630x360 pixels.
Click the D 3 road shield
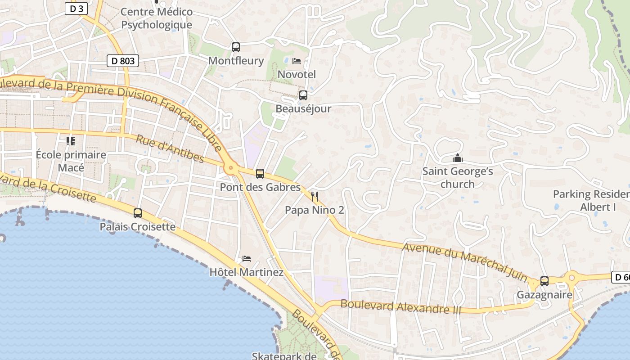[x=76, y=9]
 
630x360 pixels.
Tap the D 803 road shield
[x=122, y=61]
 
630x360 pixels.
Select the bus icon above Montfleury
[x=235, y=47]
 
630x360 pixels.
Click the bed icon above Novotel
[x=297, y=61]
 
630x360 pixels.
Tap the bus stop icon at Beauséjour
[x=303, y=95]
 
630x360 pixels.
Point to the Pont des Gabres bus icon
[x=260, y=174]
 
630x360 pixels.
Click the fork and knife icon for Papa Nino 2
[x=315, y=197]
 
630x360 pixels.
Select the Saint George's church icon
[x=458, y=158]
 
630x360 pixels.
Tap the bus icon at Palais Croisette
[x=138, y=213]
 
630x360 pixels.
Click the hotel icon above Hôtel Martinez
[x=246, y=259]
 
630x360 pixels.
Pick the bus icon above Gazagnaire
[x=544, y=281]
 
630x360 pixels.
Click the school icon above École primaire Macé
[x=71, y=141]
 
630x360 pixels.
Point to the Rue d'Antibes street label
[x=170, y=149]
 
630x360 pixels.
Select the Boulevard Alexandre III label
[x=401, y=306]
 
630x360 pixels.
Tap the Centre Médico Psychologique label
[x=157, y=18]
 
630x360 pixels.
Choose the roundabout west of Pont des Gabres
[x=231, y=168]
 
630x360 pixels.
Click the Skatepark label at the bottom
[x=284, y=356]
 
